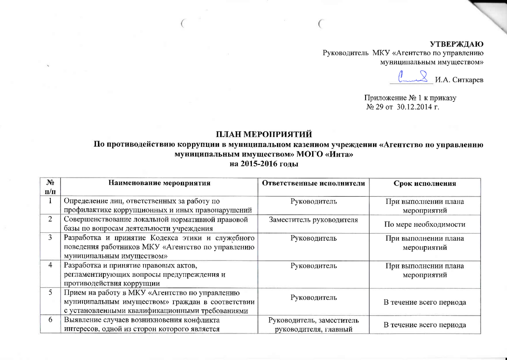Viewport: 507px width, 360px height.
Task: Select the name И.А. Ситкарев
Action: [x=459, y=80]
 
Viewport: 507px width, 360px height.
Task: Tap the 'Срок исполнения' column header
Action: [x=425, y=184]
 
